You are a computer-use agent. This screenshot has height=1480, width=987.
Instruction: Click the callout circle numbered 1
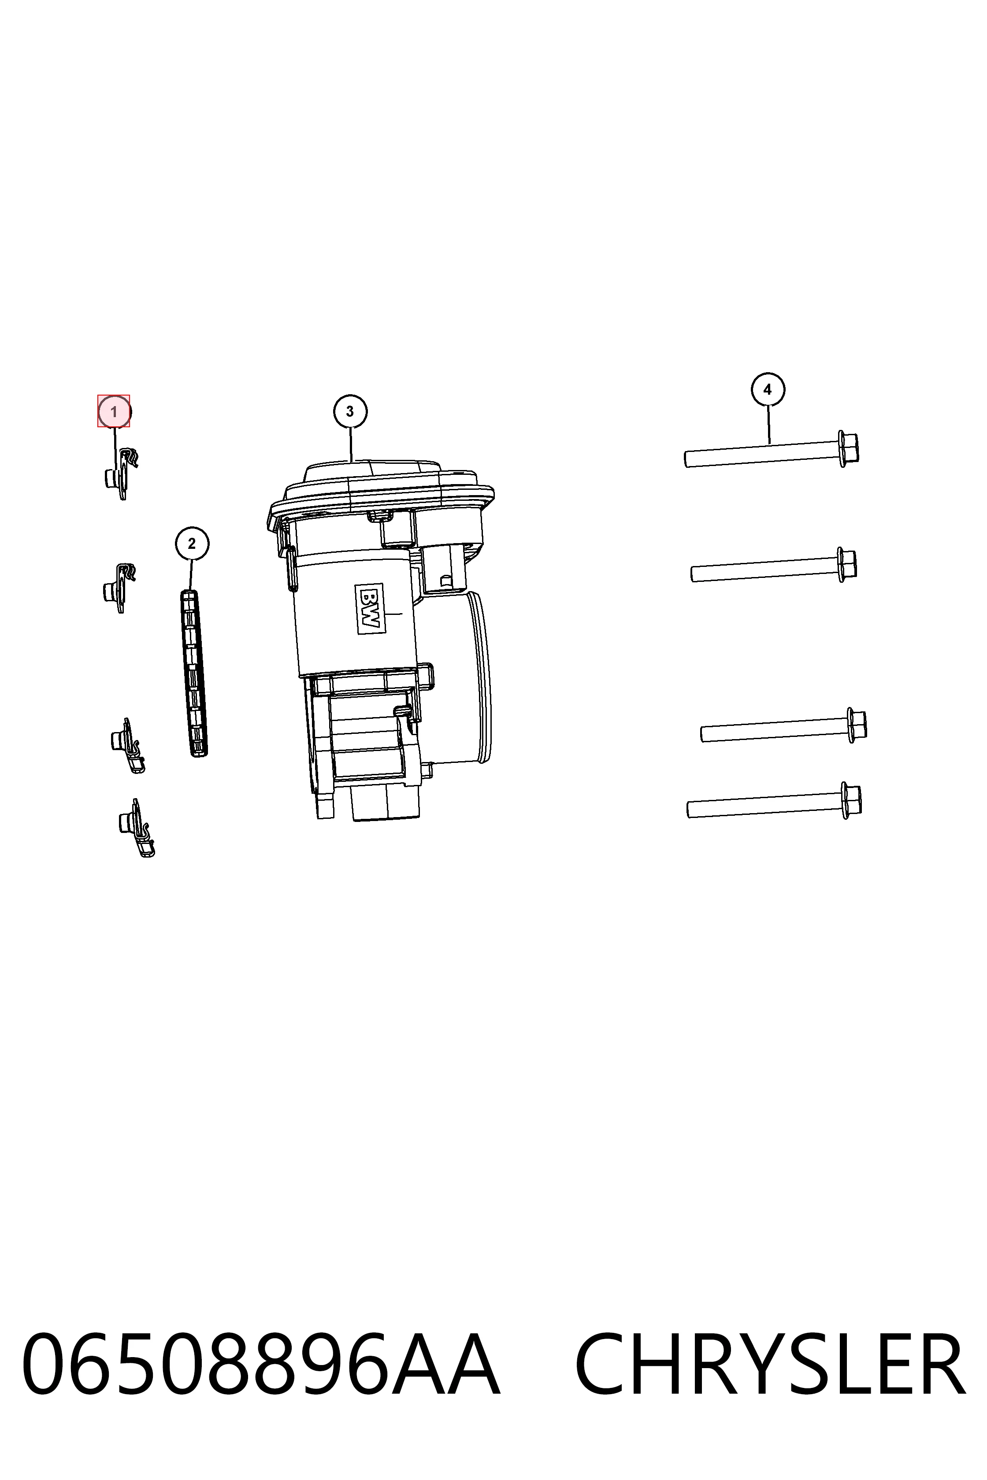tap(114, 411)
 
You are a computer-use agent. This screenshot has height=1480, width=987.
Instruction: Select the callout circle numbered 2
tap(192, 544)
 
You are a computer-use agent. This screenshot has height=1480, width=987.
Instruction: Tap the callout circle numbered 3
tap(350, 411)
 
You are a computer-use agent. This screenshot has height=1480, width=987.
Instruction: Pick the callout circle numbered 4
tap(767, 389)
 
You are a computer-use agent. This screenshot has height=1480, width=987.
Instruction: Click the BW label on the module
tap(370, 608)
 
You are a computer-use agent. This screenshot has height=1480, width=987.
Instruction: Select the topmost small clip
tap(121, 473)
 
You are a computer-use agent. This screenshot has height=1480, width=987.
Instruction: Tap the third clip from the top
tap(128, 746)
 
